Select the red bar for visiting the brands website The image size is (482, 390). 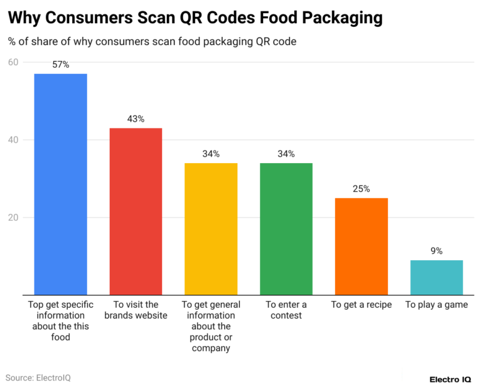[136, 211]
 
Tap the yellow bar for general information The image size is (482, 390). [211, 229]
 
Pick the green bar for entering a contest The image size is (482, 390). [286, 229]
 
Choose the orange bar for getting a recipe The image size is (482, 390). [361, 246]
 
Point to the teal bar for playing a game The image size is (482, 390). [436, 278]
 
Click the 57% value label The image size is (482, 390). [60, 65]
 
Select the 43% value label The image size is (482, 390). [136, 119]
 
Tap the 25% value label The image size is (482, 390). [361, 189]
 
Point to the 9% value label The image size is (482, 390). [436, 251]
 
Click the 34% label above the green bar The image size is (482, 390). [286, 154]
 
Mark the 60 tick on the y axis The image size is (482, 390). [13, 62]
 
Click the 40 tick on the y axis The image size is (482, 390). [13, 140]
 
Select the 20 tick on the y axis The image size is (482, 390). [13, 218]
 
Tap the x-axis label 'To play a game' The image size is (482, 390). [436, 305]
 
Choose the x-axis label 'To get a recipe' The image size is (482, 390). [361, 305]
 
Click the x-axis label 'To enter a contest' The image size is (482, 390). [286, 310]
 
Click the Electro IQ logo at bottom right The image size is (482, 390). [451, 379]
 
